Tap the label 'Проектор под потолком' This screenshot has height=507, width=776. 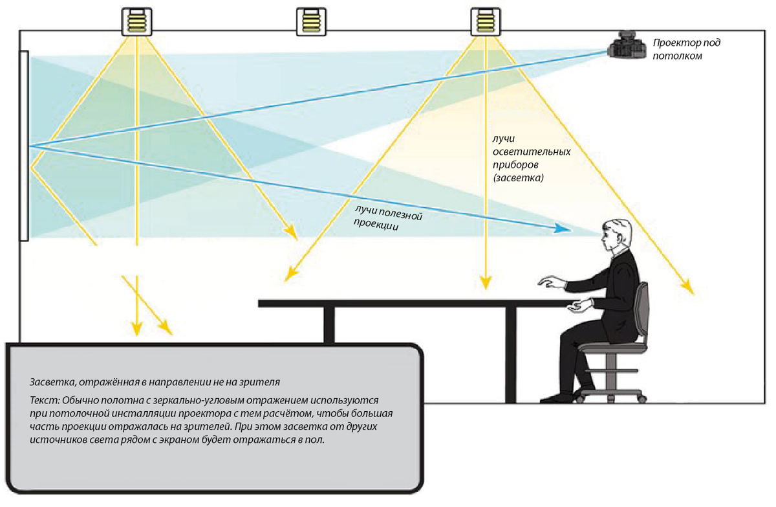click(x=685, y=49)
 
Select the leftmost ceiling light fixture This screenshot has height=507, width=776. click(x=137, y=21)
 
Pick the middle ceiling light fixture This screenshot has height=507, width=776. click(x=309, y=21)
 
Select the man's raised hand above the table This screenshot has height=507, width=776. click(x=550, y=282)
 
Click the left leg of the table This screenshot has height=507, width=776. click(x=329, y=324)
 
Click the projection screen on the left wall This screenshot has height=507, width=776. click(x=24, y=146)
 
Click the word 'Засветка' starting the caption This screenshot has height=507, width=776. click(x=50, y=381)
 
